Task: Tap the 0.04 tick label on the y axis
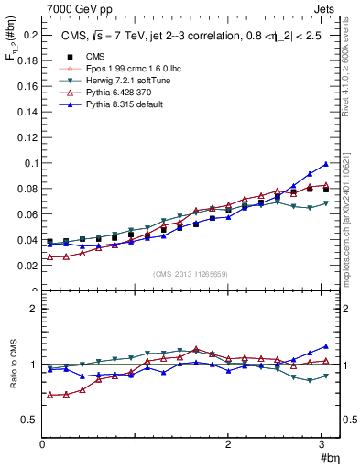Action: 27,240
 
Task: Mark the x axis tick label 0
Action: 42,444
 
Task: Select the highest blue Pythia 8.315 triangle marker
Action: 325,164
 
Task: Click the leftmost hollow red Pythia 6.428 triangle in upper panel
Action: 50,257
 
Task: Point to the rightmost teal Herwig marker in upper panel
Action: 325,203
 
